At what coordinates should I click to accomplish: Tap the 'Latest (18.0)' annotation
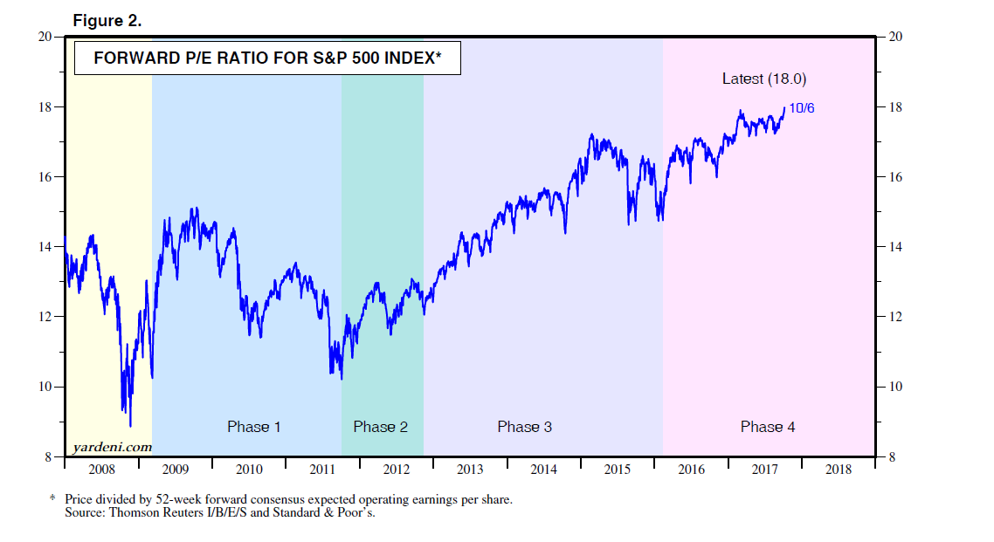(x=763, y=79)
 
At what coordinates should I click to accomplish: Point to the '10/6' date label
(x=801, y=108)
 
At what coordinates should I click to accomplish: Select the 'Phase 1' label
(x=253, y=427)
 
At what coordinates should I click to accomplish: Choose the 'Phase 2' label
(x=380, y=427)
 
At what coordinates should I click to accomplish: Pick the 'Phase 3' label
(x=524, y=427)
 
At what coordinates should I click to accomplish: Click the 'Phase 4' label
(x=767, y=427)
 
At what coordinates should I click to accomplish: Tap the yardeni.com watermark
(x=112, y=447)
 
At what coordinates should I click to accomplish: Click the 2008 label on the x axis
(x=101, y=470)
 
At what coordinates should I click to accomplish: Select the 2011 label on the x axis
(x=322, y=470)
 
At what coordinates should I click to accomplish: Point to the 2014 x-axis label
(x=543, y=470)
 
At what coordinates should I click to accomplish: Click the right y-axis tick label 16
(x=895, y=177)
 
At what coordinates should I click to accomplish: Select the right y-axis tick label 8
(x=892, y=456)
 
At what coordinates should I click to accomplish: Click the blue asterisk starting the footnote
(x=52, y=499)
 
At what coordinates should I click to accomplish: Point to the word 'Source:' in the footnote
(x=86, y=512)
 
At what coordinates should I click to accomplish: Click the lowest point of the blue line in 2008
(x=130, y=426)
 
